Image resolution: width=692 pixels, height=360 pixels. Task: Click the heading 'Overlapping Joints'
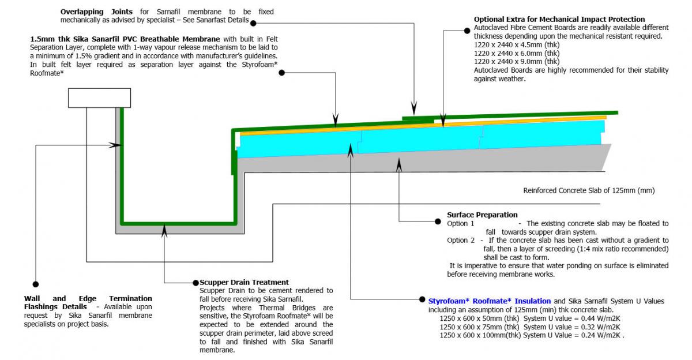point(96,12)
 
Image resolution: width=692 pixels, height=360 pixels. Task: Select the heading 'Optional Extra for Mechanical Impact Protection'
point(559,20)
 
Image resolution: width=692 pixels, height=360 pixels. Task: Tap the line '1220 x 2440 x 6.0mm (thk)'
point(516,53)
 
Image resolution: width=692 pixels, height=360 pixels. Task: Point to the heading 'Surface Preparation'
point(482,215)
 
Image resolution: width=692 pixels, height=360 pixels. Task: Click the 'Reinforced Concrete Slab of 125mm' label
point(588,190)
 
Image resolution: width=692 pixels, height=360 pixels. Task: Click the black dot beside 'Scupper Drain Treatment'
point(195,283)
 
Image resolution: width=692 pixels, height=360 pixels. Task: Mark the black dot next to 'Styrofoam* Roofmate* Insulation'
point(423,300)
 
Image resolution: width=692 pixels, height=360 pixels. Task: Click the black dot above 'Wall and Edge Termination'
point(36,284)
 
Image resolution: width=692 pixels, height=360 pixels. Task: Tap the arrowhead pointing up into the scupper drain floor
point(165,230)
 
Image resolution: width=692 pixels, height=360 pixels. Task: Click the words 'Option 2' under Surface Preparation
point(461,240)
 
